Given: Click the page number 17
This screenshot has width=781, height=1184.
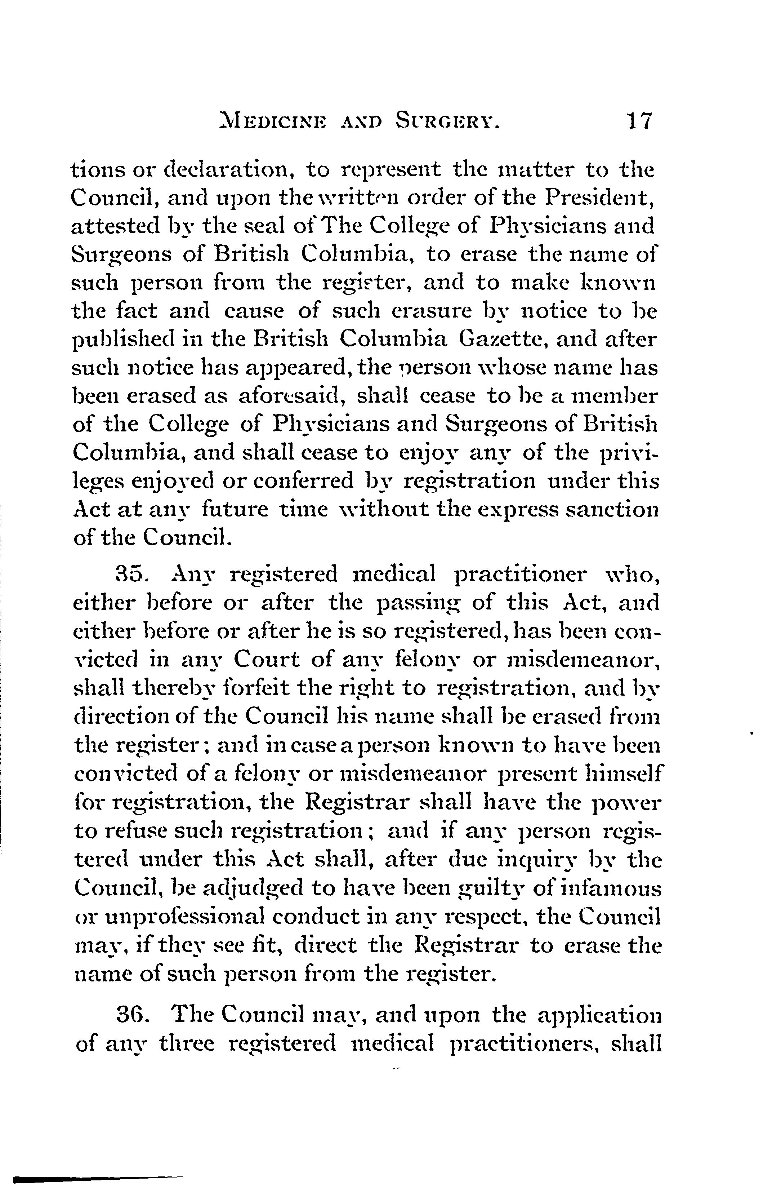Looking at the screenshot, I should click(639, 121).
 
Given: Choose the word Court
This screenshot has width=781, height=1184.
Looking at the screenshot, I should click(267, 660).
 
